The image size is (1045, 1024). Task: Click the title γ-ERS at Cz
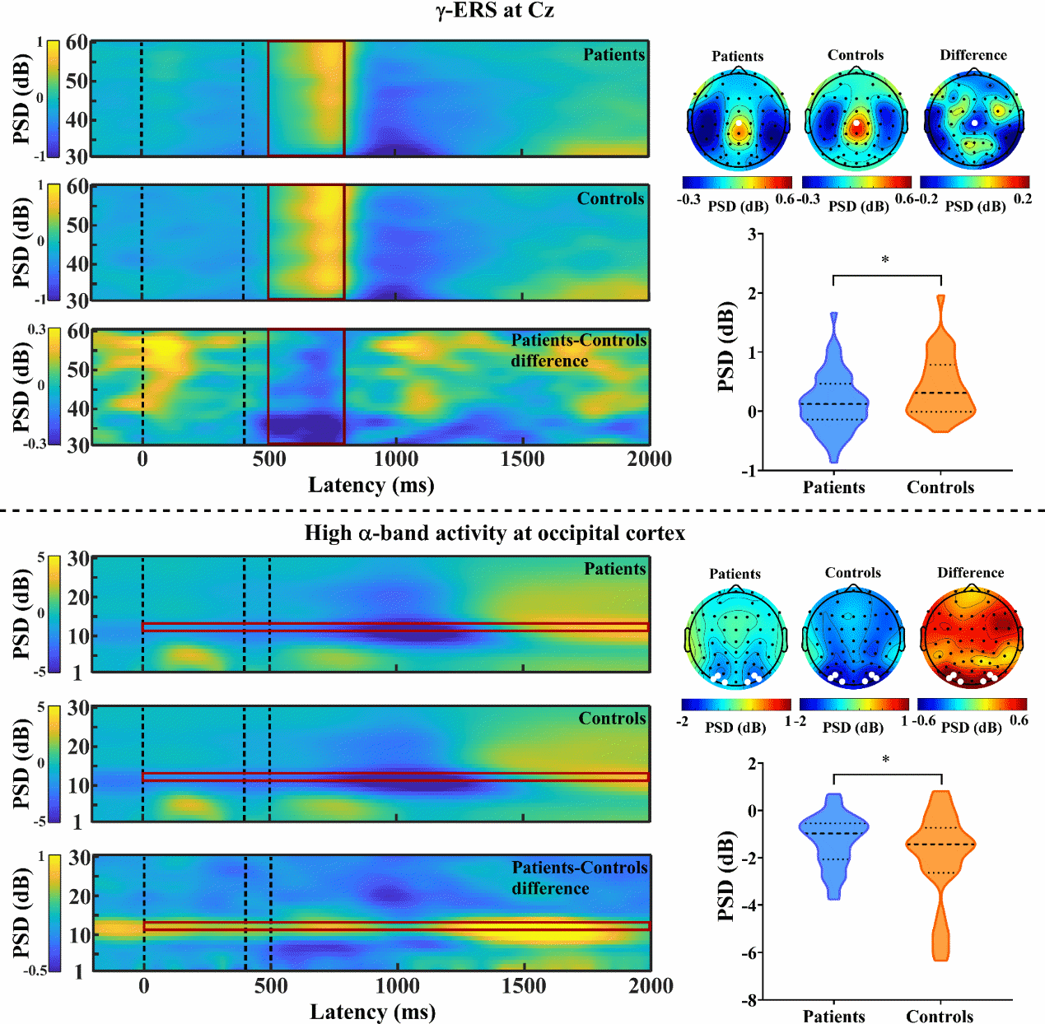pos(495,11)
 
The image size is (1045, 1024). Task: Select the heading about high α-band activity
pos(494,533)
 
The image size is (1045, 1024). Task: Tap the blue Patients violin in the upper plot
pos(833,395)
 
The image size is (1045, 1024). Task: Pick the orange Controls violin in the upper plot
pos(940,379)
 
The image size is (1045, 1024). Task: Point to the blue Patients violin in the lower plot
pos(834,840)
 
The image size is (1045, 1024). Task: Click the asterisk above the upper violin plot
pos(886,261)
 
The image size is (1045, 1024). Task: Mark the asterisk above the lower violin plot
pos(886,760)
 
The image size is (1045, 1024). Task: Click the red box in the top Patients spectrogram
pos(306,98)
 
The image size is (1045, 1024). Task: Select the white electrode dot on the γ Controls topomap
pos(857,123)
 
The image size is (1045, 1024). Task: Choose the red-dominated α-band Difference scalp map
pos(972,639)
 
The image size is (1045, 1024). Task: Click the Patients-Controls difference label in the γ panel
pos(578,351)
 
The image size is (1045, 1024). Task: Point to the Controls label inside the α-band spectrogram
pos(612,719)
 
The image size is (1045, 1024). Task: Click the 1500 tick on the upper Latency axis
pos(522,459)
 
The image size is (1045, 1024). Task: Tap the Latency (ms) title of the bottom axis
pos(372,1012)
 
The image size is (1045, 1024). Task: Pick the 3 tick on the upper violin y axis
pos(751,235)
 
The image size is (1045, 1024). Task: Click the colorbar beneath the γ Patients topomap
pos(737,182)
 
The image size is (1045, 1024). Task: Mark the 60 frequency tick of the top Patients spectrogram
pos(77,43)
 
